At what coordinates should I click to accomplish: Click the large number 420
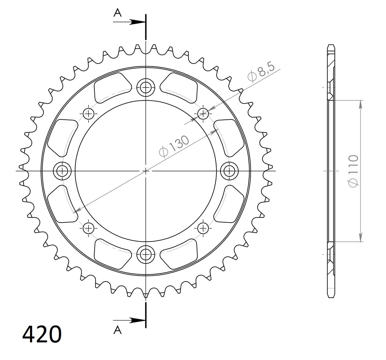point(42,333)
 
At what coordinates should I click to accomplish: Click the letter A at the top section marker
point(118,13)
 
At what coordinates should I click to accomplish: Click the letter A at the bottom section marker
point(118,330)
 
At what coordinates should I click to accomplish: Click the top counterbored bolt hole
point(146,87)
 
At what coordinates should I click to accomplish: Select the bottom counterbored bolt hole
point(146,253)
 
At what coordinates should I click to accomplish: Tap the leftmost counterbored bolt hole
point(62,170)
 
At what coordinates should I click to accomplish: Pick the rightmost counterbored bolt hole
point(229,170)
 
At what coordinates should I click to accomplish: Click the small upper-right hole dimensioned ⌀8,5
point(203,114)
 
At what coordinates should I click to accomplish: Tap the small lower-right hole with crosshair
point(203,227)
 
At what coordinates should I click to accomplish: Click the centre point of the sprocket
point(146,170)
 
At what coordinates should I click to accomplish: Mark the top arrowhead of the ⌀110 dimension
point(361,104)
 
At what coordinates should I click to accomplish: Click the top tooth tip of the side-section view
point(331,45)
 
